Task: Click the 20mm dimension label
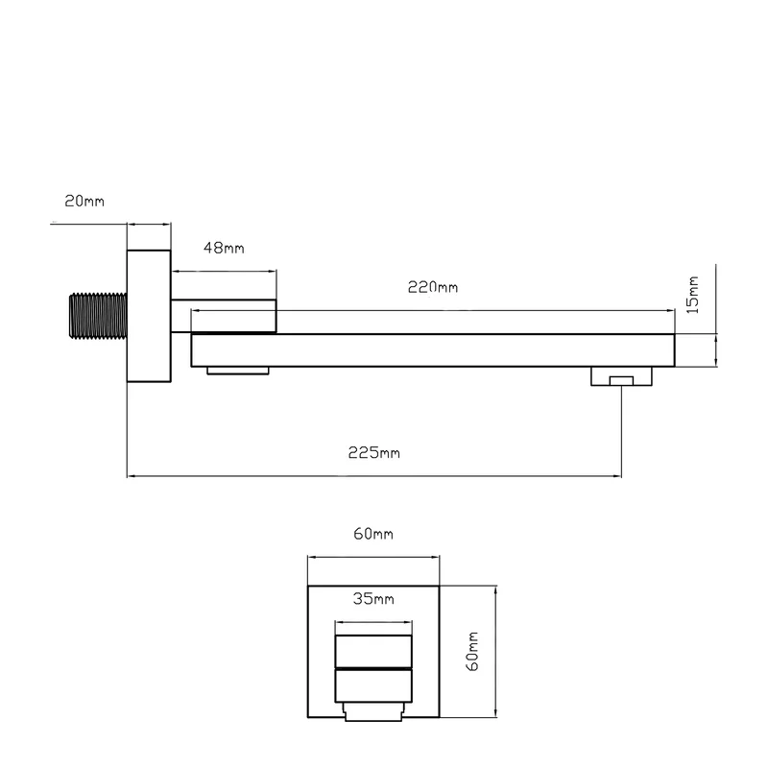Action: pyautogui.click(x=84, y=202)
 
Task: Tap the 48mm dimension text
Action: pyautogui.click(x=224, y=248)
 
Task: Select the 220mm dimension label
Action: pyautogui.click(x=433, y=287)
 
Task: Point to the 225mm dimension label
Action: pyautogui.click(x=373, y=452)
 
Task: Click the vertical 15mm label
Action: pyautogui.click(x=692, y=295)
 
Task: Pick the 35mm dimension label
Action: pyautogui.click(x=373, y=598)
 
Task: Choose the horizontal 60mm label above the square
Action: pyautogui.click(x=373, y=534)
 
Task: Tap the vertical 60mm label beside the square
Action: pyautogui.click(x=472, y=652)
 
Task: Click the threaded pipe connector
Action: pyautogui.click(x=98, y=316)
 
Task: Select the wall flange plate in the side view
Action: pyautogui.click(x=149, y=316)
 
